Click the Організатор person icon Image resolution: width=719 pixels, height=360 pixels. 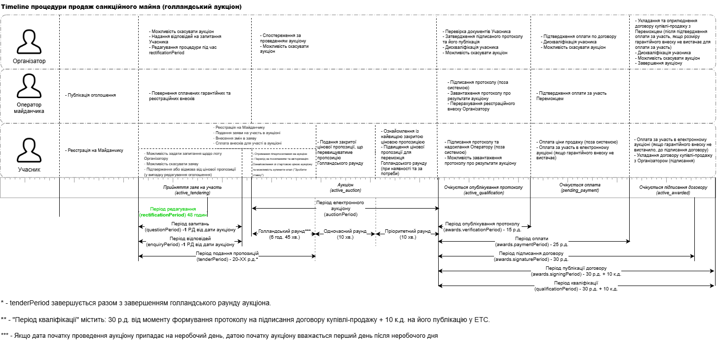(x=29, y=42)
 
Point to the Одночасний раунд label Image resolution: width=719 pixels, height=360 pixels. (x=345, y=234)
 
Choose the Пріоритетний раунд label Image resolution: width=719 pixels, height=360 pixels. (x=407, y=234)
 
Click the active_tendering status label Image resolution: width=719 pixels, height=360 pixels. (x=192, y=190)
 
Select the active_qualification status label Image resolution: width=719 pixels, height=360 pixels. (x=484, y=190)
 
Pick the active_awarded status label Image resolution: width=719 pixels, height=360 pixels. (x=673, y=190)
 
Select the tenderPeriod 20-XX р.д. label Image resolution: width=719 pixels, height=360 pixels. (x=227, y=256)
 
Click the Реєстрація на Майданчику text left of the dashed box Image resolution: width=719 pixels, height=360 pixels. (x=94, y=150)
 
